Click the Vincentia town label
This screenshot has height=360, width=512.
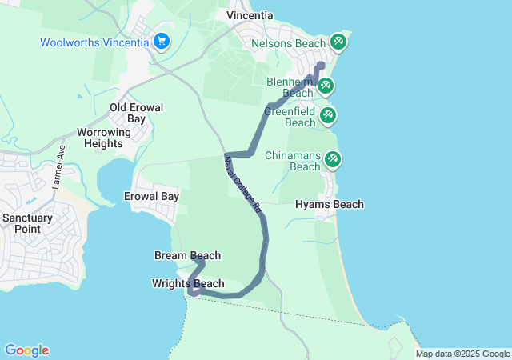(x=250, y=15)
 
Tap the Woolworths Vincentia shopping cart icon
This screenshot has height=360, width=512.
(x=162, y=40)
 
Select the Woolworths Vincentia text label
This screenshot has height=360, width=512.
(x=94, y=42)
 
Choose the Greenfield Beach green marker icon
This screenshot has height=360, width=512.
(x=327, y=116)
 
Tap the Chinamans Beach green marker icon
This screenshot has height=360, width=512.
(x=332, y=160)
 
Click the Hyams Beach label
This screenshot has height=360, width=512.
(x=330, y=205)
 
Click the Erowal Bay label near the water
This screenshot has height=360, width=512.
(x=151, y=196)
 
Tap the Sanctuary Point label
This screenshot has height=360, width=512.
(x=27, y=223)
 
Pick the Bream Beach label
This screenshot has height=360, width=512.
(x=187, y=255)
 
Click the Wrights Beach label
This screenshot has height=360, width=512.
(x=188, y=283)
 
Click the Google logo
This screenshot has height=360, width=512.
(x=26, y=350)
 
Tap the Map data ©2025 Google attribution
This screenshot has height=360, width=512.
(x=462, y=354)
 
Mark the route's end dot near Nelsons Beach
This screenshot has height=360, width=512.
(x=322, y=66)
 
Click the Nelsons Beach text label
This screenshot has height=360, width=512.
(x=288, y=42)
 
